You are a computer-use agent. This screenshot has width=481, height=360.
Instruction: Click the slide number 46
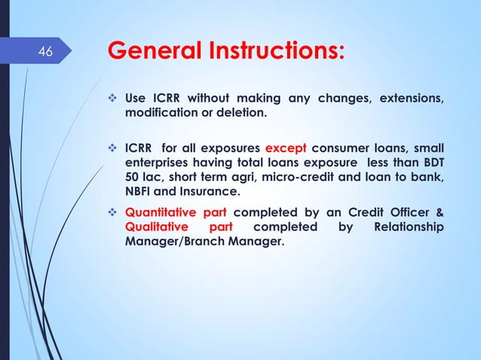(x=46, y=53)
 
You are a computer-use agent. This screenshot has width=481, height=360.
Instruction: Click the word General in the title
(x=155, y=53)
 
